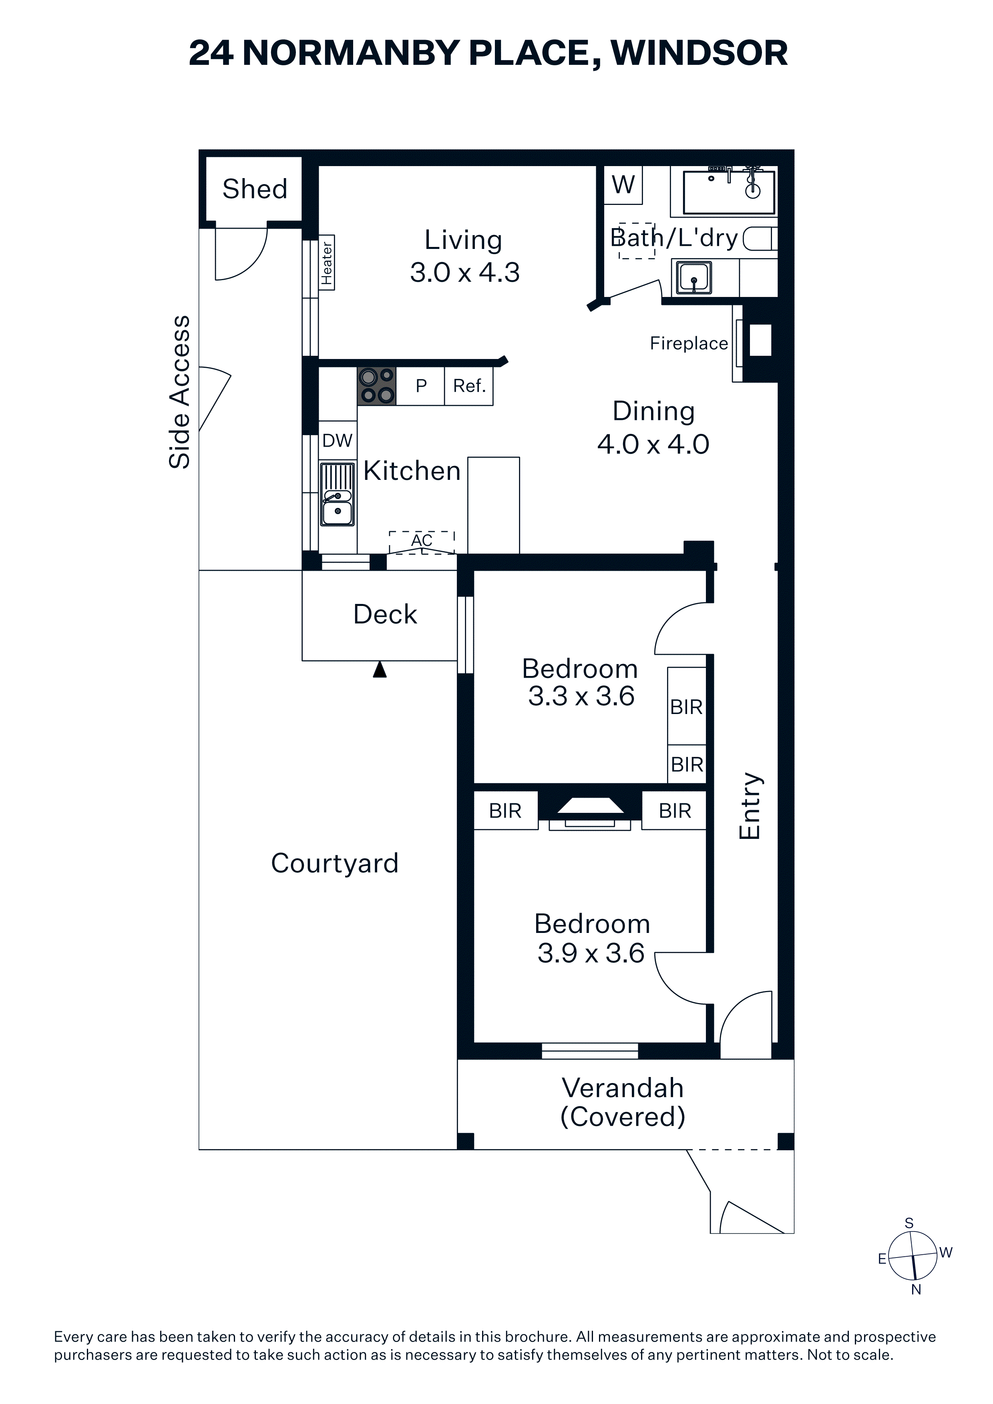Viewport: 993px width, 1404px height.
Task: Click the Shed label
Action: pyautogui.click(x=255, y=189)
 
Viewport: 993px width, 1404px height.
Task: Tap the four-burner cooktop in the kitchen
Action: pyautogui.click(x=377, y=386)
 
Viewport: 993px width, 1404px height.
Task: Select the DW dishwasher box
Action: pyautogui.click(x=337, y=440)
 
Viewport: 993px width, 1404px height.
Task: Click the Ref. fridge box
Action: pyautogui.click(x=468, y=386)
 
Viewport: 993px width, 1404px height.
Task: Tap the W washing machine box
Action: pyautogui.click(x=623, y=185)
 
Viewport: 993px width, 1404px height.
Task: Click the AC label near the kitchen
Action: pyautogui.click(x=422, y=541)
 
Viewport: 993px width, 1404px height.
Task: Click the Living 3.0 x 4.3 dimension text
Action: pyautogui.click(x=464, y=273)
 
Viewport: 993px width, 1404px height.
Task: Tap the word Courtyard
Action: pyautogui.click(x=335, y=863)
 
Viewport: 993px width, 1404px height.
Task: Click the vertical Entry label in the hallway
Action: pyautogui.click(x=750, y=806)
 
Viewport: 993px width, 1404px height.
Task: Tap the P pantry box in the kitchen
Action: pyautogui.click(x=420, y=386)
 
